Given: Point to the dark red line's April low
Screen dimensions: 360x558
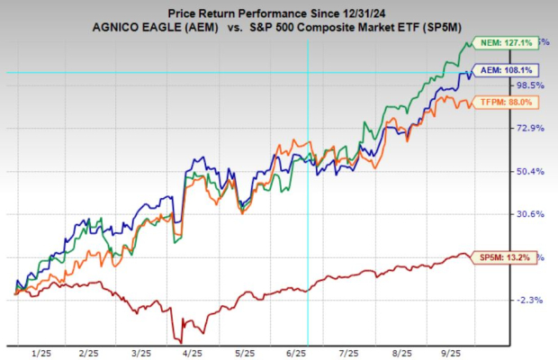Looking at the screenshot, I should (181, 341).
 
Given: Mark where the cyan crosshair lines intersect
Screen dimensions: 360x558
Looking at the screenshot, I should (309, 72).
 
